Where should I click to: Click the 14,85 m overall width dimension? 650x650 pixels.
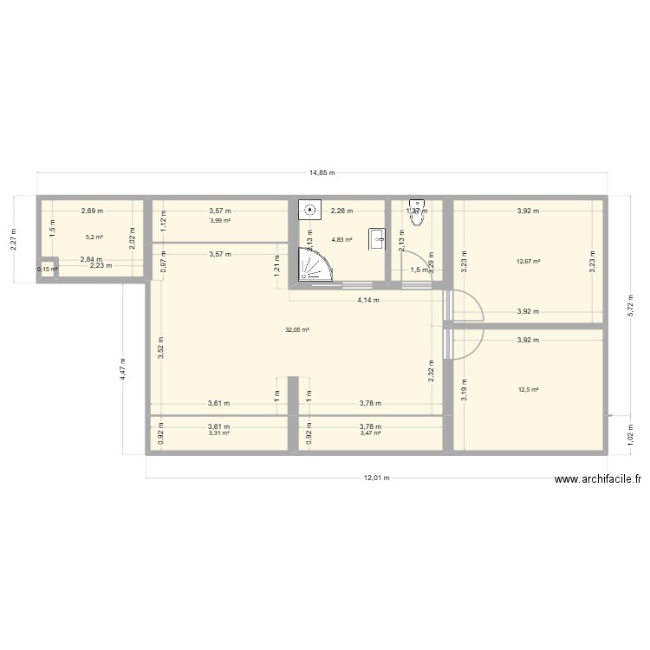pyautogui.click(x=322, y=172)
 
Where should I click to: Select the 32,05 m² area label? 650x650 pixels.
pyautogui.click(x=297, y=329)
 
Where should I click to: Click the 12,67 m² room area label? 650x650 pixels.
pyautogui.click(x=528, y=262)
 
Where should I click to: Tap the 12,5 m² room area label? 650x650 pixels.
pyautogui.click(x=528, y=390)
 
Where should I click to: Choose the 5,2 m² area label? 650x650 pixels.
pyautogui.click(x=94, y=237)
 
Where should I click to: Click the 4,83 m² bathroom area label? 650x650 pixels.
pyautogui.click(x=341, y=240)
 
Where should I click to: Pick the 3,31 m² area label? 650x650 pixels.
pyautogui.click(x=218, y=432)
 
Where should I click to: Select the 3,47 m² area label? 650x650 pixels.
pyautogui.click(x=371, y=432)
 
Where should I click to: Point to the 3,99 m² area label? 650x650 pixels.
pyautogui.click(x=220, y=220)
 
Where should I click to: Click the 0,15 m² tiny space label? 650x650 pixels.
pyautogui.click(x=47, y=269)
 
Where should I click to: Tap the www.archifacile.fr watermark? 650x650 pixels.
pyautogui.click(x=598, y=478)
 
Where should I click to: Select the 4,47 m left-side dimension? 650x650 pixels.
pyautogui.click(x=124, y=371)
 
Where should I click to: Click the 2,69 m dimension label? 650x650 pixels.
pyautogui.click(x=92, y=211)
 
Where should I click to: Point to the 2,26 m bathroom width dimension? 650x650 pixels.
pyautogui.click(x=340, y=211)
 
